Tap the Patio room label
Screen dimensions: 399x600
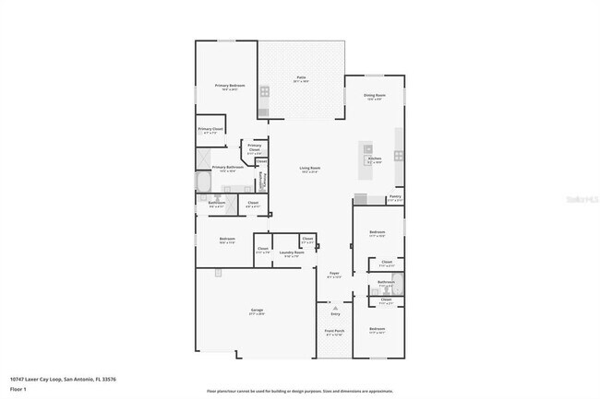coord(301,77)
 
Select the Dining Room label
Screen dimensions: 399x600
coord(375,96)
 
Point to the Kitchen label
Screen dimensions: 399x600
coord(375,158)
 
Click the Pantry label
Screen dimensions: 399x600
coord(394,196)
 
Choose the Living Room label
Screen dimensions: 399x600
coord(309,168)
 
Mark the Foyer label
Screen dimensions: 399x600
coord(334,273)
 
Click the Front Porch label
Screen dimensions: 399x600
coord(334,331)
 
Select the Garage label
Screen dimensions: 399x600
coord(257,311)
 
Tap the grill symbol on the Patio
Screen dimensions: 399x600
coord(264,91)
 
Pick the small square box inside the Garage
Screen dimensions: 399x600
coord(217,273)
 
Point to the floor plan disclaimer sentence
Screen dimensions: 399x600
coord(299,391)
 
